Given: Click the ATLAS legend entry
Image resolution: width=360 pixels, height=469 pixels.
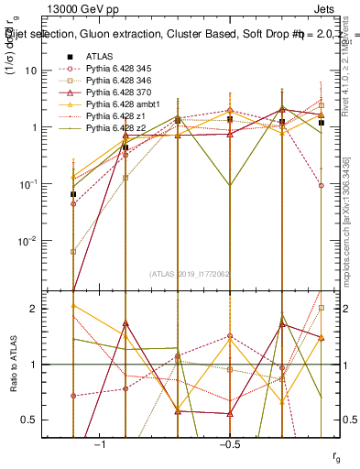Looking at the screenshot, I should tap(99, 56).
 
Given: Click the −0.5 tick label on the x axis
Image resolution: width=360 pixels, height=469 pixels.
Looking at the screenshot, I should tap(228, 444).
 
